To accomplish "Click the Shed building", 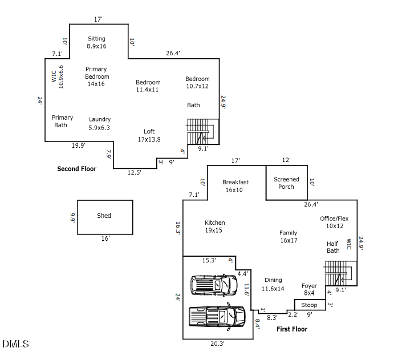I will (105, 216).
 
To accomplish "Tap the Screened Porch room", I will (286, 183).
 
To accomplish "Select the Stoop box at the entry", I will (310, 305).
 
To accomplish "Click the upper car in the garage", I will (213, 284).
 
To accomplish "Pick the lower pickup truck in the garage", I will (217, 315).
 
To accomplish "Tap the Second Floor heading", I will (76, 169).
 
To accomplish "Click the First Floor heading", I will (292, 329).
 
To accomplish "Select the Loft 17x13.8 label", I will (149, 135).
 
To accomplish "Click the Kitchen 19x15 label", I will (214, 226).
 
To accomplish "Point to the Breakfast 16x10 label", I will (235, 186).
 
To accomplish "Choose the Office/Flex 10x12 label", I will (334, 222).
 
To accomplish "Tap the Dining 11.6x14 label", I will (273, 284).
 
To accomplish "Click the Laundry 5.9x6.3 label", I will (100, 123).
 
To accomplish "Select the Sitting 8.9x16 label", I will (96, 42).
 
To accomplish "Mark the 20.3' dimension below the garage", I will (217, 344).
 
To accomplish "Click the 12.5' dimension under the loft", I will (135, 173).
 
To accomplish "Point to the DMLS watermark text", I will (15, 343).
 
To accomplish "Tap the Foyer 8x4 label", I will (309, 289).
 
